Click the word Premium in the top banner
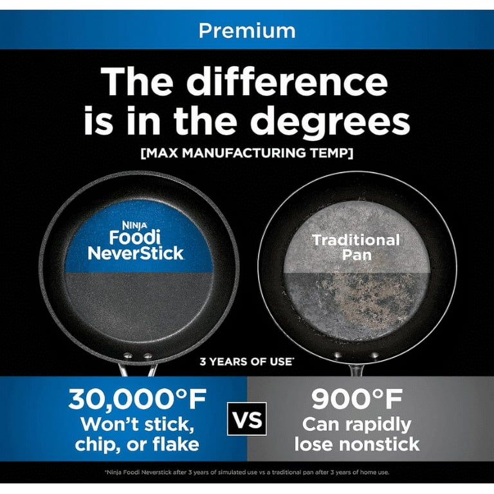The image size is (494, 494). pos(247,31)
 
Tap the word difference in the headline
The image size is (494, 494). pos(287,81)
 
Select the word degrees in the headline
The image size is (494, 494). pos(330,122)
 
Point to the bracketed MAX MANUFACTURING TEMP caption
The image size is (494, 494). pos(247,153)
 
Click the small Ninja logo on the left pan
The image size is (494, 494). pos(134,225)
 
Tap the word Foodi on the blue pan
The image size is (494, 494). pos(135,237)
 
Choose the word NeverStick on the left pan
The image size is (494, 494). pos(136,253)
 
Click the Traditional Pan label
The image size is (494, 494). pos(356,247)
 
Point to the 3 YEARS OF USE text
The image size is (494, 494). pos(247,361)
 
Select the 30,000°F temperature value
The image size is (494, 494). pos(138,399)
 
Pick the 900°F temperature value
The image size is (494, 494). pos(357,399)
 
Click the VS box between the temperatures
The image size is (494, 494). pos(247,419)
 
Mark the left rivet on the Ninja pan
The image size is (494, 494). pos(128,356)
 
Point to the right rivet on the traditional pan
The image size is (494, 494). pos(374,355)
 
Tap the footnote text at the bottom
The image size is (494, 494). pos(247,472)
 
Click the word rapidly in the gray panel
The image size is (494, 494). pos(380,425)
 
